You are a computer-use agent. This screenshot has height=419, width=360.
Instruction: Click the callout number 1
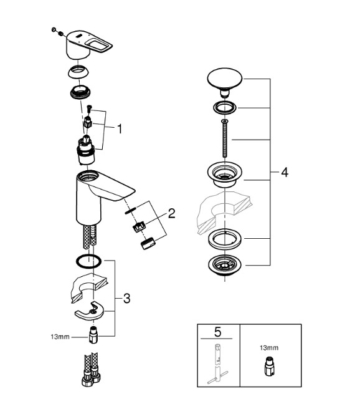click(120, 129)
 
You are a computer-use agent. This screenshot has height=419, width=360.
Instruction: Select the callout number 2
click(171, 213)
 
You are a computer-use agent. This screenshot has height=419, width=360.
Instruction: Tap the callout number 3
click(127, 298)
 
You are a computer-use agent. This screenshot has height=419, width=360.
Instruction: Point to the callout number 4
click(285, 172)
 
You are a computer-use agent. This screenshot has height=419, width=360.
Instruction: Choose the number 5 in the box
click(218, 332)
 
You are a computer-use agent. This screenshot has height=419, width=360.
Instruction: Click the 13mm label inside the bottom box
click(269, 348)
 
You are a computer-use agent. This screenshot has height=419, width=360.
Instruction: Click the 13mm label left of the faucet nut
click(60, 337)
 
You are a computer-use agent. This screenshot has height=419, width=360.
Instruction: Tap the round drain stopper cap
click(225, 82)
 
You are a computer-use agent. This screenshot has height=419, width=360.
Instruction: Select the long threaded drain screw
click(225, 139)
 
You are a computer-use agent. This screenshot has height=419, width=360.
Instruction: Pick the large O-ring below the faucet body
click(88, 261)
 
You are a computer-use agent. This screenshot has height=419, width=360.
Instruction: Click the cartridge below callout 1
click(86, 150)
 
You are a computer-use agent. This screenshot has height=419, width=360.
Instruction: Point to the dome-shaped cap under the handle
click(78, 72)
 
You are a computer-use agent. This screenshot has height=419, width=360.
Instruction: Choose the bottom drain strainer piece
click(225, 265)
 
